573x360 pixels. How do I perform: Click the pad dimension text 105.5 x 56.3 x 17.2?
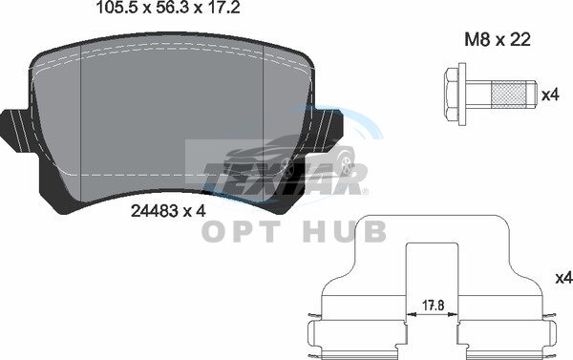point(168,8)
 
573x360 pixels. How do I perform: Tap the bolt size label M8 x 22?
point(497,39)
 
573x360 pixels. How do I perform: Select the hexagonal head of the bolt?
point(451,95)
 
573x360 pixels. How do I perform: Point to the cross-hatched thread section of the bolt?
point(509,95)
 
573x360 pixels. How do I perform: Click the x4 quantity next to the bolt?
point(550,95)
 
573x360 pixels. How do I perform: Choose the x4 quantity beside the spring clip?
point(564,278)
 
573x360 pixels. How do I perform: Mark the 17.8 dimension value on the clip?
point(433,305)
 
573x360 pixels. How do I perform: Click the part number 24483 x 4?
point(168,211)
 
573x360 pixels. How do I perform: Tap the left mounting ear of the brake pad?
point(18,129)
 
